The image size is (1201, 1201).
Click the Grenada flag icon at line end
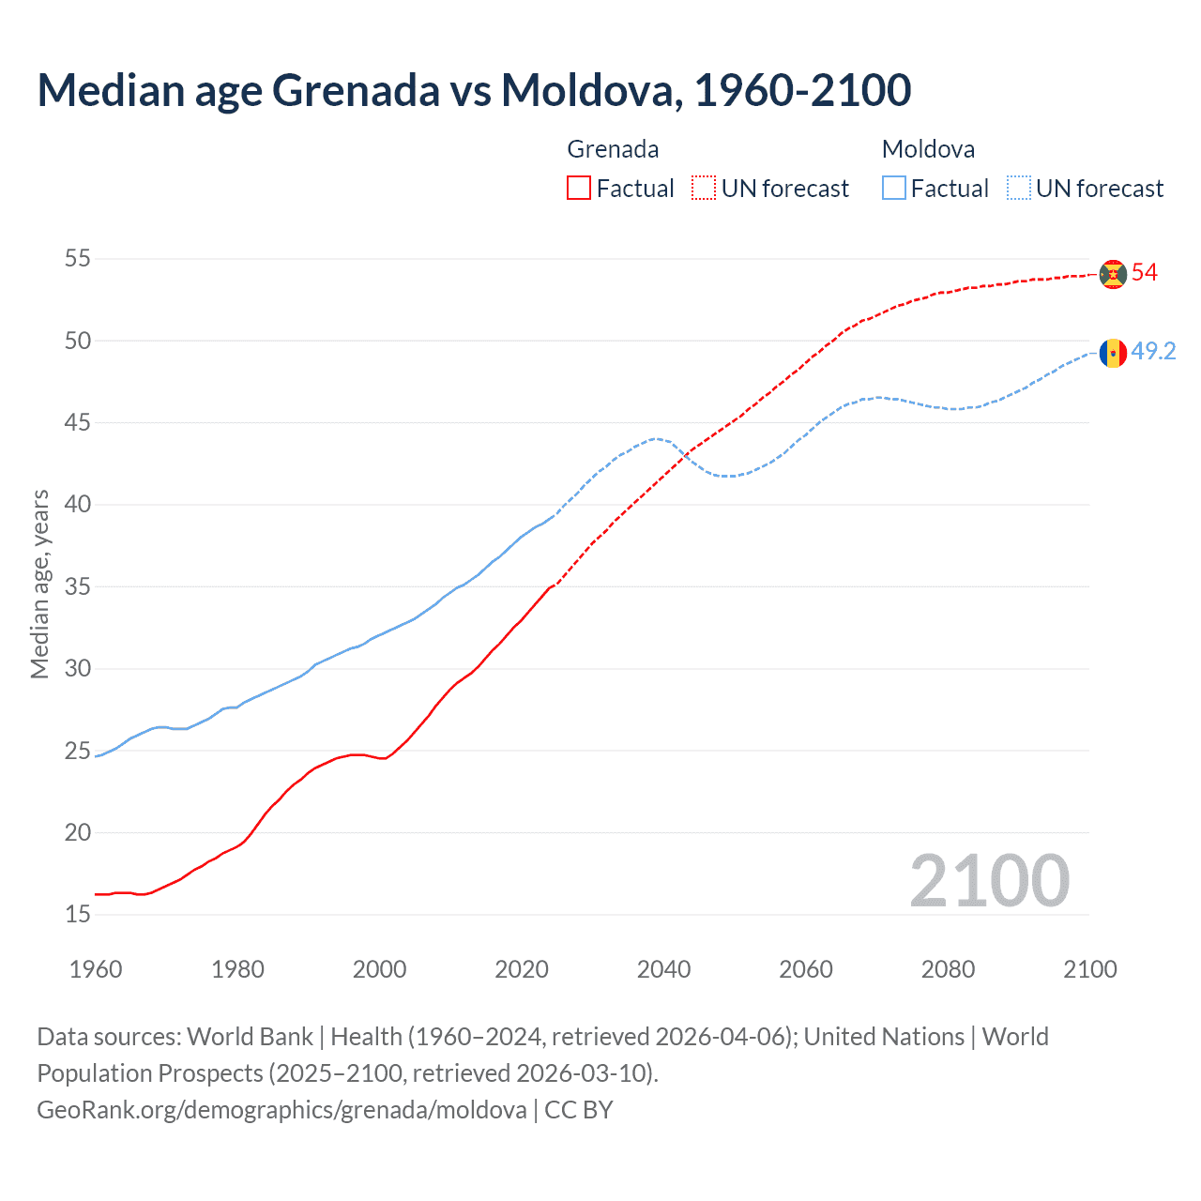tap(1113, 274)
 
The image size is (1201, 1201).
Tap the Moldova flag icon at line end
tap(1113, 353)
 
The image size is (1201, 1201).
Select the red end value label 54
tap(1145, 273)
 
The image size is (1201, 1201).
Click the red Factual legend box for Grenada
tap(579, 189)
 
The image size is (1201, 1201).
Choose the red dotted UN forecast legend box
tap(704, 189)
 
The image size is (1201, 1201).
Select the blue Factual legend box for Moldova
tap(894, 189)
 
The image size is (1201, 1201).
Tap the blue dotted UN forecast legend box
tap(1019, 189)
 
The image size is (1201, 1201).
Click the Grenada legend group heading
tap(613, 149)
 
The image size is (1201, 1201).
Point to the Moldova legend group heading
tap(928, 149)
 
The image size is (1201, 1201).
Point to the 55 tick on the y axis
tap(78, 259)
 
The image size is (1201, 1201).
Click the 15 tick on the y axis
tap(78, 915)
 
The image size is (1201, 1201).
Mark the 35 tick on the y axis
tap(78, 587)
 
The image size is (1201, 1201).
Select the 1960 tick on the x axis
tap(96, 969)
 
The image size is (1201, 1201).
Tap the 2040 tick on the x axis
tap(663, 969)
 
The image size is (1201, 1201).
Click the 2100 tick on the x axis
tap(1089, 969)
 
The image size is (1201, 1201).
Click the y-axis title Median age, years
tap(39, 584)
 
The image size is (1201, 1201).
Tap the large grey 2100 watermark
tap(989, 881)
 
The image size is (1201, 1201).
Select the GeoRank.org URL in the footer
tap(281, 1110)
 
